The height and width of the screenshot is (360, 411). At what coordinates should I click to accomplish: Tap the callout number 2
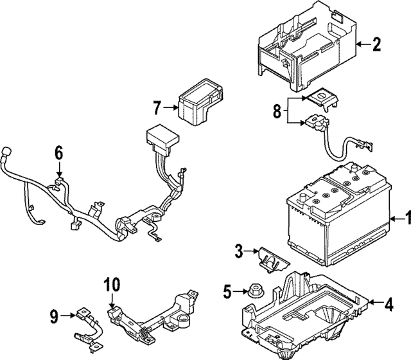click(x=377, y=44)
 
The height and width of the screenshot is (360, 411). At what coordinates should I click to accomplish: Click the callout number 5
click(x=227, y=292)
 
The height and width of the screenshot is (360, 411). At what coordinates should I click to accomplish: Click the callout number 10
click(x=111, y=285)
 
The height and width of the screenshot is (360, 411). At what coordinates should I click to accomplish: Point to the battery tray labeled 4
click(x=308, y=309)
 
